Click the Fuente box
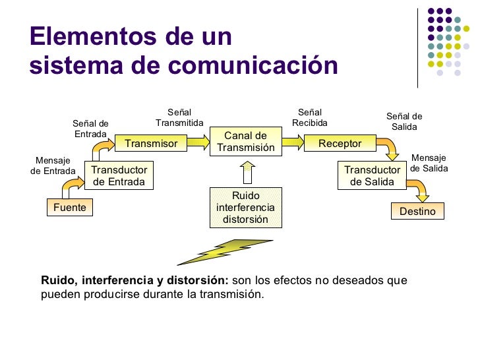(x=70, y=208)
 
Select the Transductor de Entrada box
(x=119, y=176)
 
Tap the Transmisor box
(x=151, y=143)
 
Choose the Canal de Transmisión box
(x=246, y=142)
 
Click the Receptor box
(x=340, y=143)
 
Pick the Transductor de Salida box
(x=372, y=176)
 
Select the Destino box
(x=417, y=212)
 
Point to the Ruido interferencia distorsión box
(x=245, y=208)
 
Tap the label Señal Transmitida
(x=179, y=118)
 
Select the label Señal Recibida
(x=310, y=118)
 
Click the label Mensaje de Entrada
(x=53, y=166)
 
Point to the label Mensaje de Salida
(x=429, y=163)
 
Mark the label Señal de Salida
(x=404, y=122)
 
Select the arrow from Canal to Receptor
(x=293, y=142)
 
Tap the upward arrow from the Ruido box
(x=247, y=173)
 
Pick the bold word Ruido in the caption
(x=57, y=280)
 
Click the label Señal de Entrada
(x=90, y=129)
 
